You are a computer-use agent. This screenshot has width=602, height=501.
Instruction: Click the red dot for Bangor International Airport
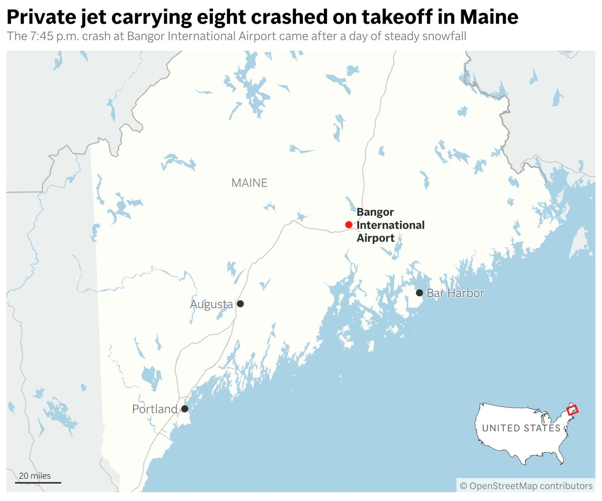pyautogui.click(x=349, y=224)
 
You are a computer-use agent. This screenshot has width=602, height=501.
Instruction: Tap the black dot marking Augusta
pyautogui.click(x=240, y=304)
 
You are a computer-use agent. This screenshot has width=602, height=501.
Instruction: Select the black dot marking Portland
pyautogui.click(x=184, y=409)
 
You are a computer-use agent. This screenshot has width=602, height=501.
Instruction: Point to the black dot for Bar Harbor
pyautogui.click(x=419, y=293)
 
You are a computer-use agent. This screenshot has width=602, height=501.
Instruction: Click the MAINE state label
pyautogui.click(x=249, y=183)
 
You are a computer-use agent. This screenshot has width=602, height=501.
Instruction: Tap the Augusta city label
pyautogui.click(x=212, y=304)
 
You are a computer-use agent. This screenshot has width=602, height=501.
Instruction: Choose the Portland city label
pyautogui.click(x=154, y=409)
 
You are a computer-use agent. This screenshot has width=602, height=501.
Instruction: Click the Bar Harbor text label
pyautogui.click(x=455, y=293)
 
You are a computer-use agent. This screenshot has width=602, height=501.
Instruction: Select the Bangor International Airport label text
pyautogui.click(x=390, y=225)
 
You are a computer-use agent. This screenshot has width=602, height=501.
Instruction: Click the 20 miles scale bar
pyautogui.click(x=38, y=482)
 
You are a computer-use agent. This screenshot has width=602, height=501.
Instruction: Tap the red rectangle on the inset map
pyautogui.click(x=572, y=410)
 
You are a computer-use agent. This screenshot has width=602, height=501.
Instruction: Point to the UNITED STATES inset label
pyautogui.click(x=521, y=428)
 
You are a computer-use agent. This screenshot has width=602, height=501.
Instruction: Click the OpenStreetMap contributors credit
pyautogui.click(x=526, y=486)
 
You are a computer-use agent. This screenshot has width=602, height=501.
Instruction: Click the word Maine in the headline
pyautogui.click(x=489, y=17)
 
